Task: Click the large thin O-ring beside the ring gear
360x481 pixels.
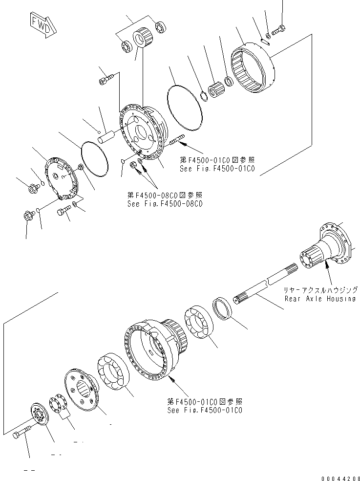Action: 186,105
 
